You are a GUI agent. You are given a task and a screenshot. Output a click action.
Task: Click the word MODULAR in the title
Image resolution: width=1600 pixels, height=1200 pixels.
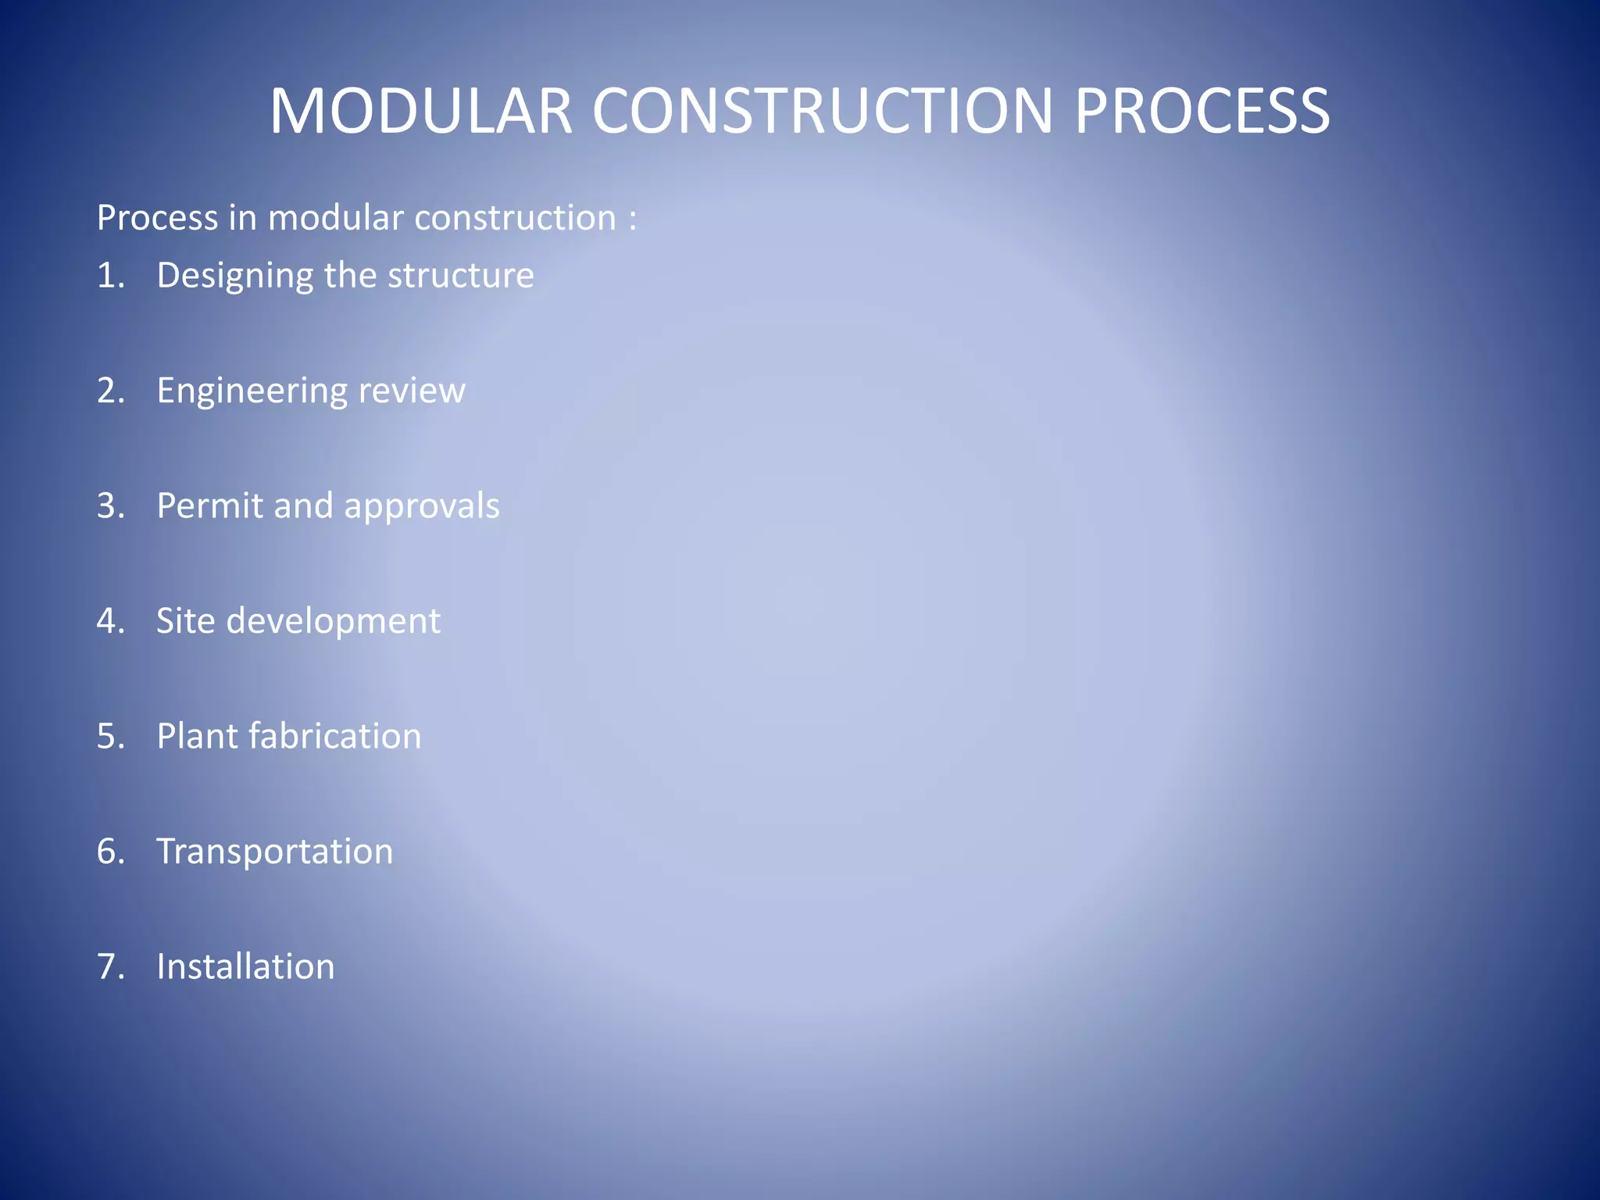point(421,111)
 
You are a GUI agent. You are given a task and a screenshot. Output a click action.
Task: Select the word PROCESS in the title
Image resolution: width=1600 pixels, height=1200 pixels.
point(1202,111)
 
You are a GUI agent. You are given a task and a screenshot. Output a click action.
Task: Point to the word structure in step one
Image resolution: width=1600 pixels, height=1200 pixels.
point(461,276)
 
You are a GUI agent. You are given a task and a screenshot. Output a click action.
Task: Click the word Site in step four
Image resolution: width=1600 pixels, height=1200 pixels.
point(185,621)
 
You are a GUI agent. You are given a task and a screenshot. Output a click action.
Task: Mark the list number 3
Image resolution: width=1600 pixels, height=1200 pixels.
point(109,506)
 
